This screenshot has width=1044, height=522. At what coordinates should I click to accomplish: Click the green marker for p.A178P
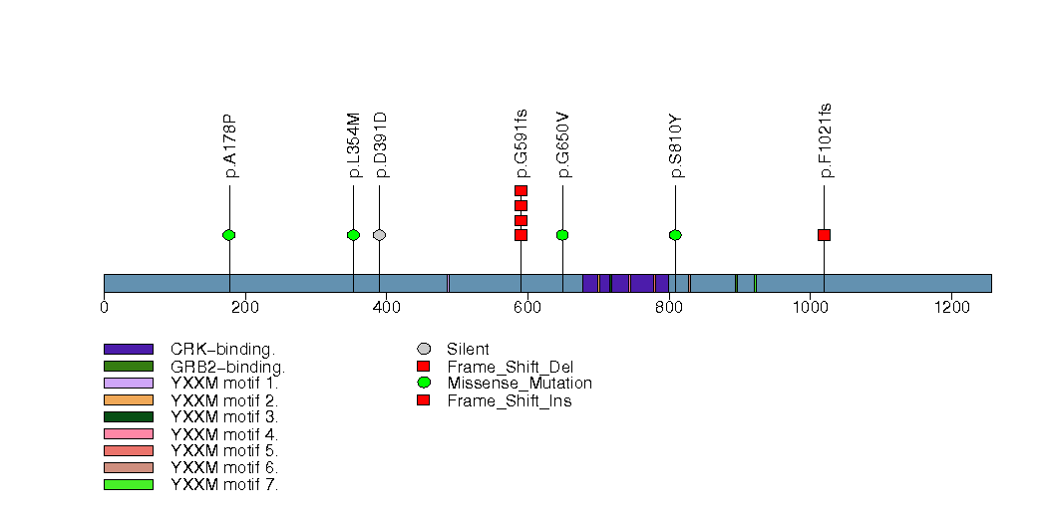(229, 235)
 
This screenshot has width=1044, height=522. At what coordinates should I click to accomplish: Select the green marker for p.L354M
(353, 235)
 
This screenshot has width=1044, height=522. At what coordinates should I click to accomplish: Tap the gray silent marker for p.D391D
(379, 235)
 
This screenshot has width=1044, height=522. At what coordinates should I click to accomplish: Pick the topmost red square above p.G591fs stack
(521, 190)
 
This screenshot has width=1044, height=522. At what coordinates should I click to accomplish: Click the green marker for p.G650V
(562, 235)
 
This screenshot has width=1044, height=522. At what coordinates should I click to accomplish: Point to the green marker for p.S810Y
(675, 235)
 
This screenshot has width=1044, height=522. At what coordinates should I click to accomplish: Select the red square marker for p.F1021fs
(824, 235)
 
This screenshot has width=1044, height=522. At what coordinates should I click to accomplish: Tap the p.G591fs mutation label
(522, 143)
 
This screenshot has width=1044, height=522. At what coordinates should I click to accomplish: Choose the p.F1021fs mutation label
(825, 140)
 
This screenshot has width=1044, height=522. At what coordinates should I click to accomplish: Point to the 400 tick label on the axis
(386, 307)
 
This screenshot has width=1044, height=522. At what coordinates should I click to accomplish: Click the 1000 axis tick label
(809, 307)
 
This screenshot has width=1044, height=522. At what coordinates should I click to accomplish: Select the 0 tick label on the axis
(104, 307)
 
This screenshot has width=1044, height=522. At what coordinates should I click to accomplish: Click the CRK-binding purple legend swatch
(128, 350)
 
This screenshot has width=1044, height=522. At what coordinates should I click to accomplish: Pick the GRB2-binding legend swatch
(128, 367)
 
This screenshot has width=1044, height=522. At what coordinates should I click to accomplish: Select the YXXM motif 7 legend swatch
(128, 485)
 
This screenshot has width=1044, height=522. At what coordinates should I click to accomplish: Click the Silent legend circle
(424, 350)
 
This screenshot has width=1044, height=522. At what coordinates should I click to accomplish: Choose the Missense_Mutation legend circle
(424, 384)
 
